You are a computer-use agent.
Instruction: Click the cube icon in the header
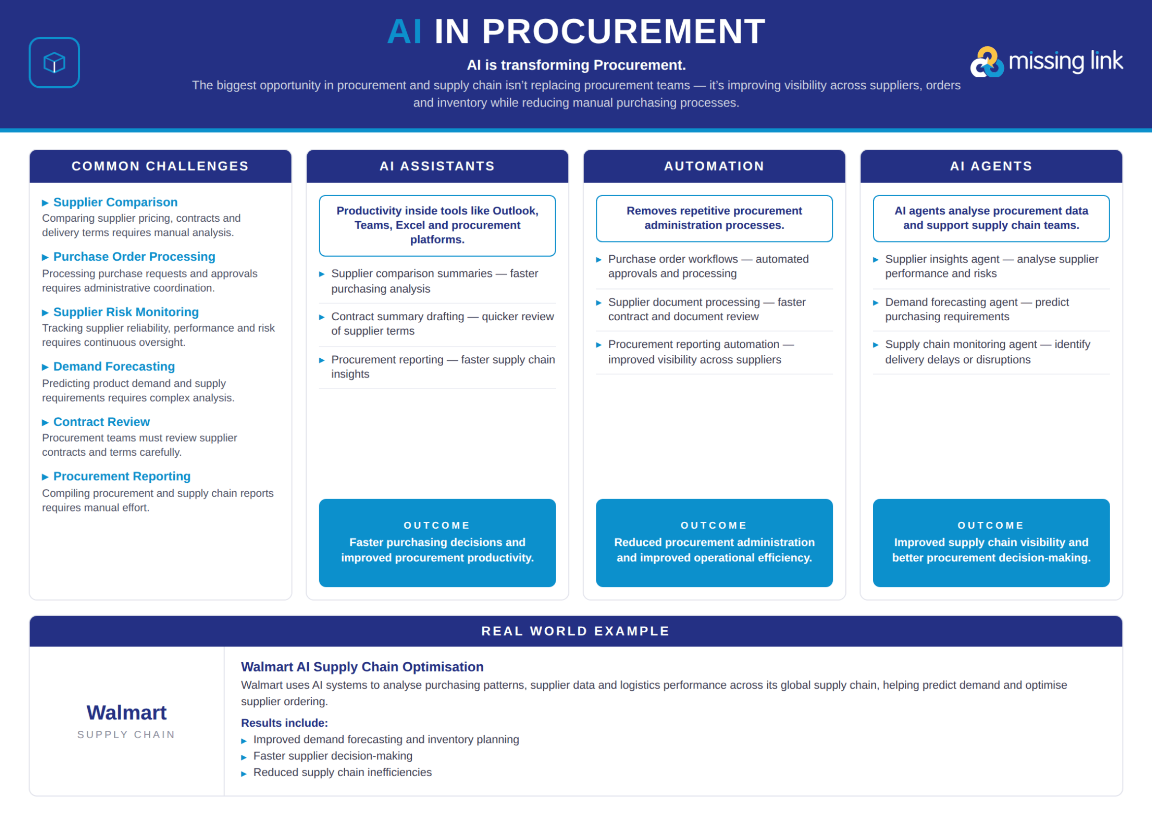click(x=54, y=63)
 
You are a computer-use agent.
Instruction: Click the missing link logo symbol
click(x=987, y=62)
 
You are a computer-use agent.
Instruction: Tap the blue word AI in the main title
click(x=404, y=32)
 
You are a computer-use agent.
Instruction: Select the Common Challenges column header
click(x=160, y=166)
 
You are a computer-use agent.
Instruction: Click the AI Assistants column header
click(x=437, y=166)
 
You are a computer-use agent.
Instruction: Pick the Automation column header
click(x=714, y=166)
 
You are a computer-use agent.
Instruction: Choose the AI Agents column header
click(x=991, y=166)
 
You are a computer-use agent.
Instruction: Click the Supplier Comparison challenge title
click(x=115, y=202)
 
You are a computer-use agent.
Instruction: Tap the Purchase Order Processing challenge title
click(x=134, y=256)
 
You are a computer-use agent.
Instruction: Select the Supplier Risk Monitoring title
click(x=126, y=312)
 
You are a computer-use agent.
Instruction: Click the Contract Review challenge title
click(x=101, y=422)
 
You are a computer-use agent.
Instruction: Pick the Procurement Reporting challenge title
click(x=122, y=476)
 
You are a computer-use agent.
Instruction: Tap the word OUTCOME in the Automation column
click(x=714, y=525)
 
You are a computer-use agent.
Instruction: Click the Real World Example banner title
click(x=575, y=631)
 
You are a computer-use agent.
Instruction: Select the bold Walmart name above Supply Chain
click(x=127, y=713)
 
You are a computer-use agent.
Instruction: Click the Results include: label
click(x=284, y=723)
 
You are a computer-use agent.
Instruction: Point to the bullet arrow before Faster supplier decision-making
click(x=244, y=757)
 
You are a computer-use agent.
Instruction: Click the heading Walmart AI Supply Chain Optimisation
click(x=362, y=667)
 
